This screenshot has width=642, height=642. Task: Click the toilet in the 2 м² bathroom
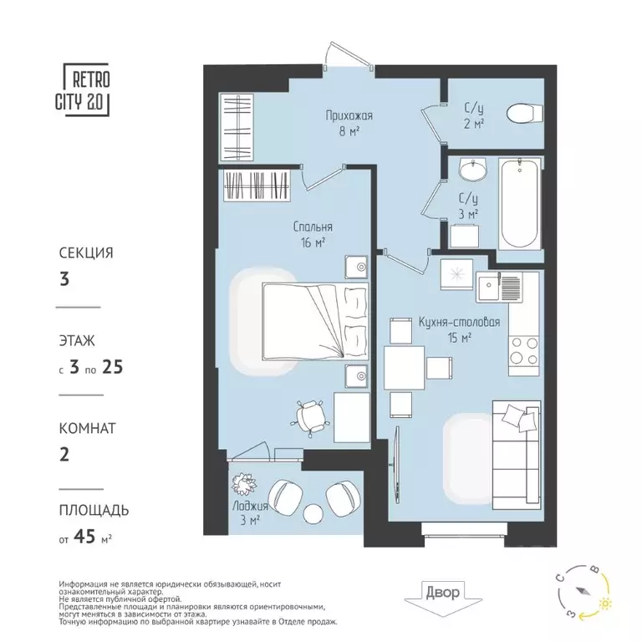(x=524, y=113)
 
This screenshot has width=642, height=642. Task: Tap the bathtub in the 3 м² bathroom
(x=520, y=203)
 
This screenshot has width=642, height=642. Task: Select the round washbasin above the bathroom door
(x=473, y=169)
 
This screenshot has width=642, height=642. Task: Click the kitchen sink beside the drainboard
(x=488, y=286)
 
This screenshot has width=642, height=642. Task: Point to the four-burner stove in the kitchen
(x=523, y=350)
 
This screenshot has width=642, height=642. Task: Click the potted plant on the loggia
(x=243, y=483)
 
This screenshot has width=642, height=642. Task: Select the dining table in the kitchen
(x=404, y=368)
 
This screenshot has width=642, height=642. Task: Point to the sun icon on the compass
(x=604, y=604)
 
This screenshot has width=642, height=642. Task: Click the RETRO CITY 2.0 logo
(x=83, y=89)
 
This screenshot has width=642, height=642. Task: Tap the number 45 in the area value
(x=84, y=536)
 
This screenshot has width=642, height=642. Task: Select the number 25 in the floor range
(x=113, y=367)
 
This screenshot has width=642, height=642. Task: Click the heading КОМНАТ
(x=87, y=428)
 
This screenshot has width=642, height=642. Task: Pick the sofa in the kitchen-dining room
(x=517, y=455)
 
